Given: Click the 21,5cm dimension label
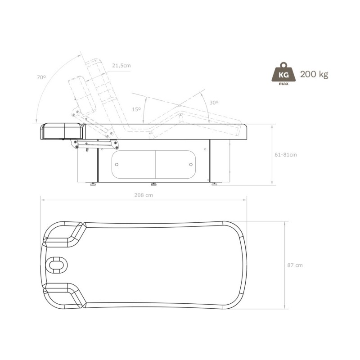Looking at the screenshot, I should coord(121,66).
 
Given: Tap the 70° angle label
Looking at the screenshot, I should coord(41,77).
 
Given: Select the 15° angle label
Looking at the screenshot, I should coord(136,109).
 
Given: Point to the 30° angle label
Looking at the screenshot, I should coord(214,103).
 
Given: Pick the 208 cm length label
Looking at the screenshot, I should coord(143,195).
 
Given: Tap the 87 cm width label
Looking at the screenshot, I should coord(295,265).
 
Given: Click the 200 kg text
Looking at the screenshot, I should coord(314,74).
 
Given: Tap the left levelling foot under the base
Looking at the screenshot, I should coord(93,184).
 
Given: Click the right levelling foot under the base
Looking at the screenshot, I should coord(214,184).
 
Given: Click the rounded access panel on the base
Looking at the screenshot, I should coord(154,164).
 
